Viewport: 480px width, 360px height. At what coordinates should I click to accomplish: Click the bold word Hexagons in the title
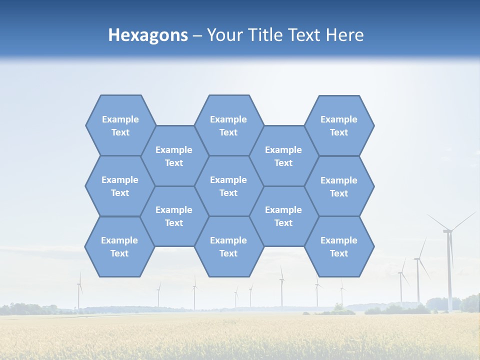[148, 35]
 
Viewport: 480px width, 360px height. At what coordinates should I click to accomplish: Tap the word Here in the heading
[344, 35]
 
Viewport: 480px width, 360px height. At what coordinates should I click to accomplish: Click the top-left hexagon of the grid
[120, 125]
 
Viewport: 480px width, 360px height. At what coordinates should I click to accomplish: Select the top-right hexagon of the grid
[339, 125]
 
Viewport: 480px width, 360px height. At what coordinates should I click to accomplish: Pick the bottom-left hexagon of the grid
[119, 246]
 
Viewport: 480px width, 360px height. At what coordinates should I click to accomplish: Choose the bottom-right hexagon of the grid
[339, 246]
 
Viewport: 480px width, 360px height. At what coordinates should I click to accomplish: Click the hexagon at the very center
[228, 186]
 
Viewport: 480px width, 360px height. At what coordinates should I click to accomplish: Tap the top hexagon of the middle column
[228, 125]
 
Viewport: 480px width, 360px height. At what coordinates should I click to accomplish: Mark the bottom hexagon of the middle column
[228, 246]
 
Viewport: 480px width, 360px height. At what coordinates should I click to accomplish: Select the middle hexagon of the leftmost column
[120, 186]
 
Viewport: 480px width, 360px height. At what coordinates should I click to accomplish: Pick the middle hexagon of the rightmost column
[339, 186]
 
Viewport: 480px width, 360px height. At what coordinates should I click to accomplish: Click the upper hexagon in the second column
[174, 156]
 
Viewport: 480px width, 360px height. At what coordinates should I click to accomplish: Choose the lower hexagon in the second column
[174, 216]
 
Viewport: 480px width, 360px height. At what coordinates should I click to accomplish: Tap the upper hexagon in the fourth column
[283, 156]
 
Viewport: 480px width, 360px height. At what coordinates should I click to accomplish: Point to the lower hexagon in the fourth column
[283, 216]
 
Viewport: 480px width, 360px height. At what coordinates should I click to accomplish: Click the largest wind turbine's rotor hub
[448, 230]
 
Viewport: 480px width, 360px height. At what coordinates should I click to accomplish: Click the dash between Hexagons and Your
[197, 35]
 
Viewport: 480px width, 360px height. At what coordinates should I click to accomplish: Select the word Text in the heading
[306, 35]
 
